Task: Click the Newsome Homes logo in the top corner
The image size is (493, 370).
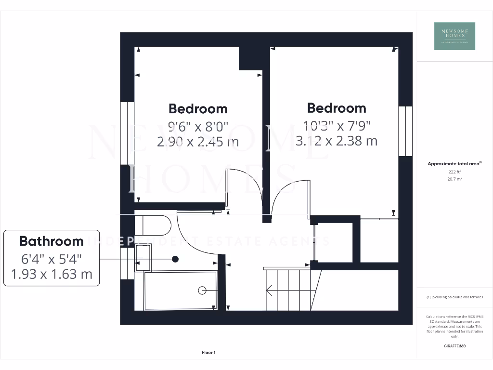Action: [x=454, y=36]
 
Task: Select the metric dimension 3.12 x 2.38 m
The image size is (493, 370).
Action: [x=337, y=141]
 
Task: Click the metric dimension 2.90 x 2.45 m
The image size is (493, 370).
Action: [x=198, y=142]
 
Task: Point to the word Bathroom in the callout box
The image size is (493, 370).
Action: [x=52, y=241]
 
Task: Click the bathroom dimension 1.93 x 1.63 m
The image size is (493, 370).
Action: [x=52, y=275]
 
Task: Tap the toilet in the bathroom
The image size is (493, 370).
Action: [x=153, y=225]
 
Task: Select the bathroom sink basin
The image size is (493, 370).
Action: [x=143, y=257]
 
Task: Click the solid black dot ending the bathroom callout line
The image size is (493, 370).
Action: [x=175, y=259]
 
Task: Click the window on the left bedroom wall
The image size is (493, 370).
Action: [x=127, y=133]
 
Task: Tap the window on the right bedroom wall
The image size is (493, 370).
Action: [x=405, y=131]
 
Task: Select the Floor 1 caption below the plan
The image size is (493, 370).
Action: [x=208, y=353]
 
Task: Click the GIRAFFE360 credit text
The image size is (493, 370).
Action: [x=454, y=346]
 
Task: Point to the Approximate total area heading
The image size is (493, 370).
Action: [x=454, y=164]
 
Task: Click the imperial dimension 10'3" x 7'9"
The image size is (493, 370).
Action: [x=337, y=126]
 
